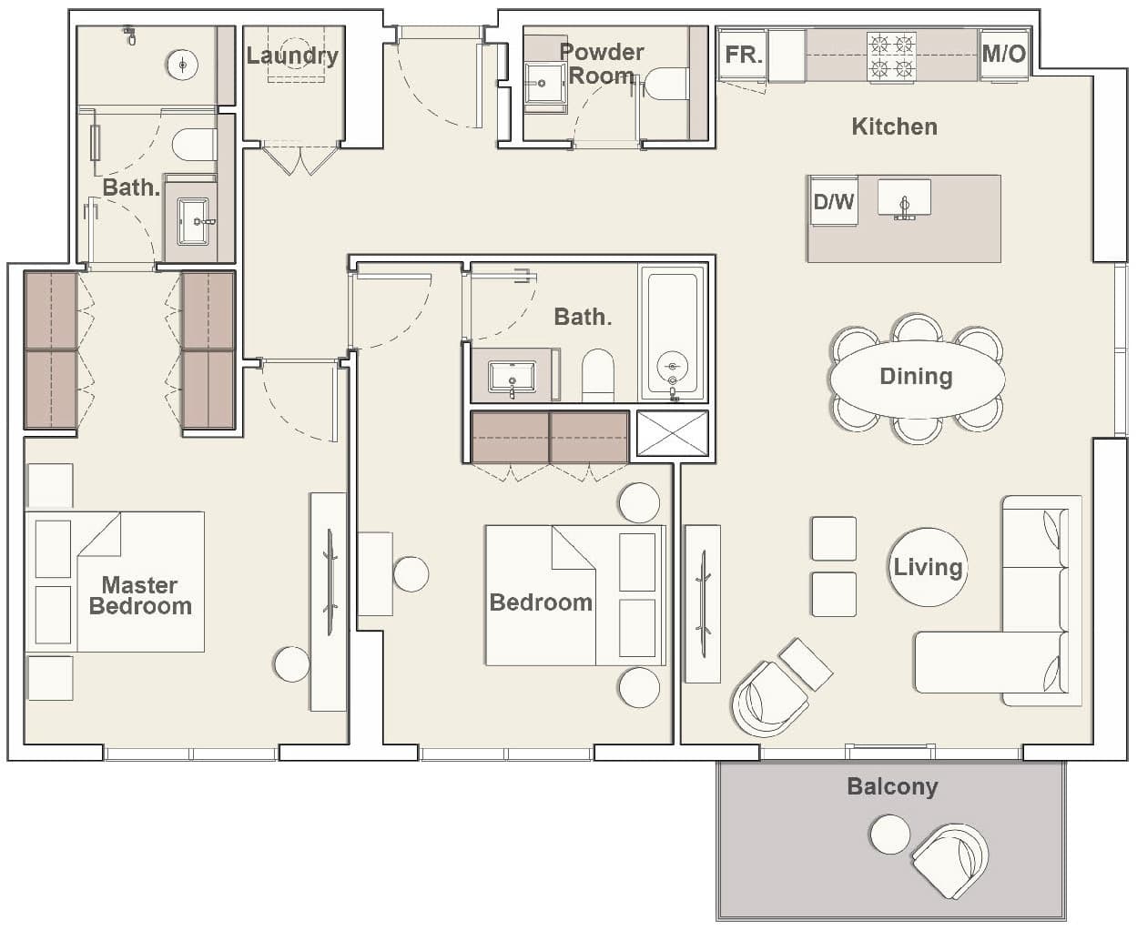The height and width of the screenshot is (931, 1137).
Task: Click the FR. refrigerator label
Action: [743, 55]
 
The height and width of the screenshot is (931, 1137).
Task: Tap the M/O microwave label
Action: [1003, 54]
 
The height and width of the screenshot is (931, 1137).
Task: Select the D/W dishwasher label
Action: [833, 201]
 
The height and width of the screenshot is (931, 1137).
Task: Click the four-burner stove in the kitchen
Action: [891, 56]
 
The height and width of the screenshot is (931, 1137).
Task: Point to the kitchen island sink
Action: [904, 199]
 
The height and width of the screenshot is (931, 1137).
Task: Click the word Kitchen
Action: [894, 126]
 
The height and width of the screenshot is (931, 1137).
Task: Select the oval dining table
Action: [916, 377]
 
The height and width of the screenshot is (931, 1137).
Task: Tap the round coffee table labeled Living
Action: [928, 567]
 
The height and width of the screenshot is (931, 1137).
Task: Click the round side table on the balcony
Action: [889, 835]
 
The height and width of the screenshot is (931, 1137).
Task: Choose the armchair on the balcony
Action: [949, 860]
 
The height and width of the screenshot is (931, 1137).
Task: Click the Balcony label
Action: [892, 786]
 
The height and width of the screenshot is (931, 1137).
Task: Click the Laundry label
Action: [292, 55]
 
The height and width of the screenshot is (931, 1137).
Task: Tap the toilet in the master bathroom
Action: [194, 145]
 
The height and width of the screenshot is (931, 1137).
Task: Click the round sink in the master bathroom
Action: [183, 64]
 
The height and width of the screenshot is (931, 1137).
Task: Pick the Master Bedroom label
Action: [140, 595]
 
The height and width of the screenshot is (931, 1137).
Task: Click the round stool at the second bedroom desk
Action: [411, 574]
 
